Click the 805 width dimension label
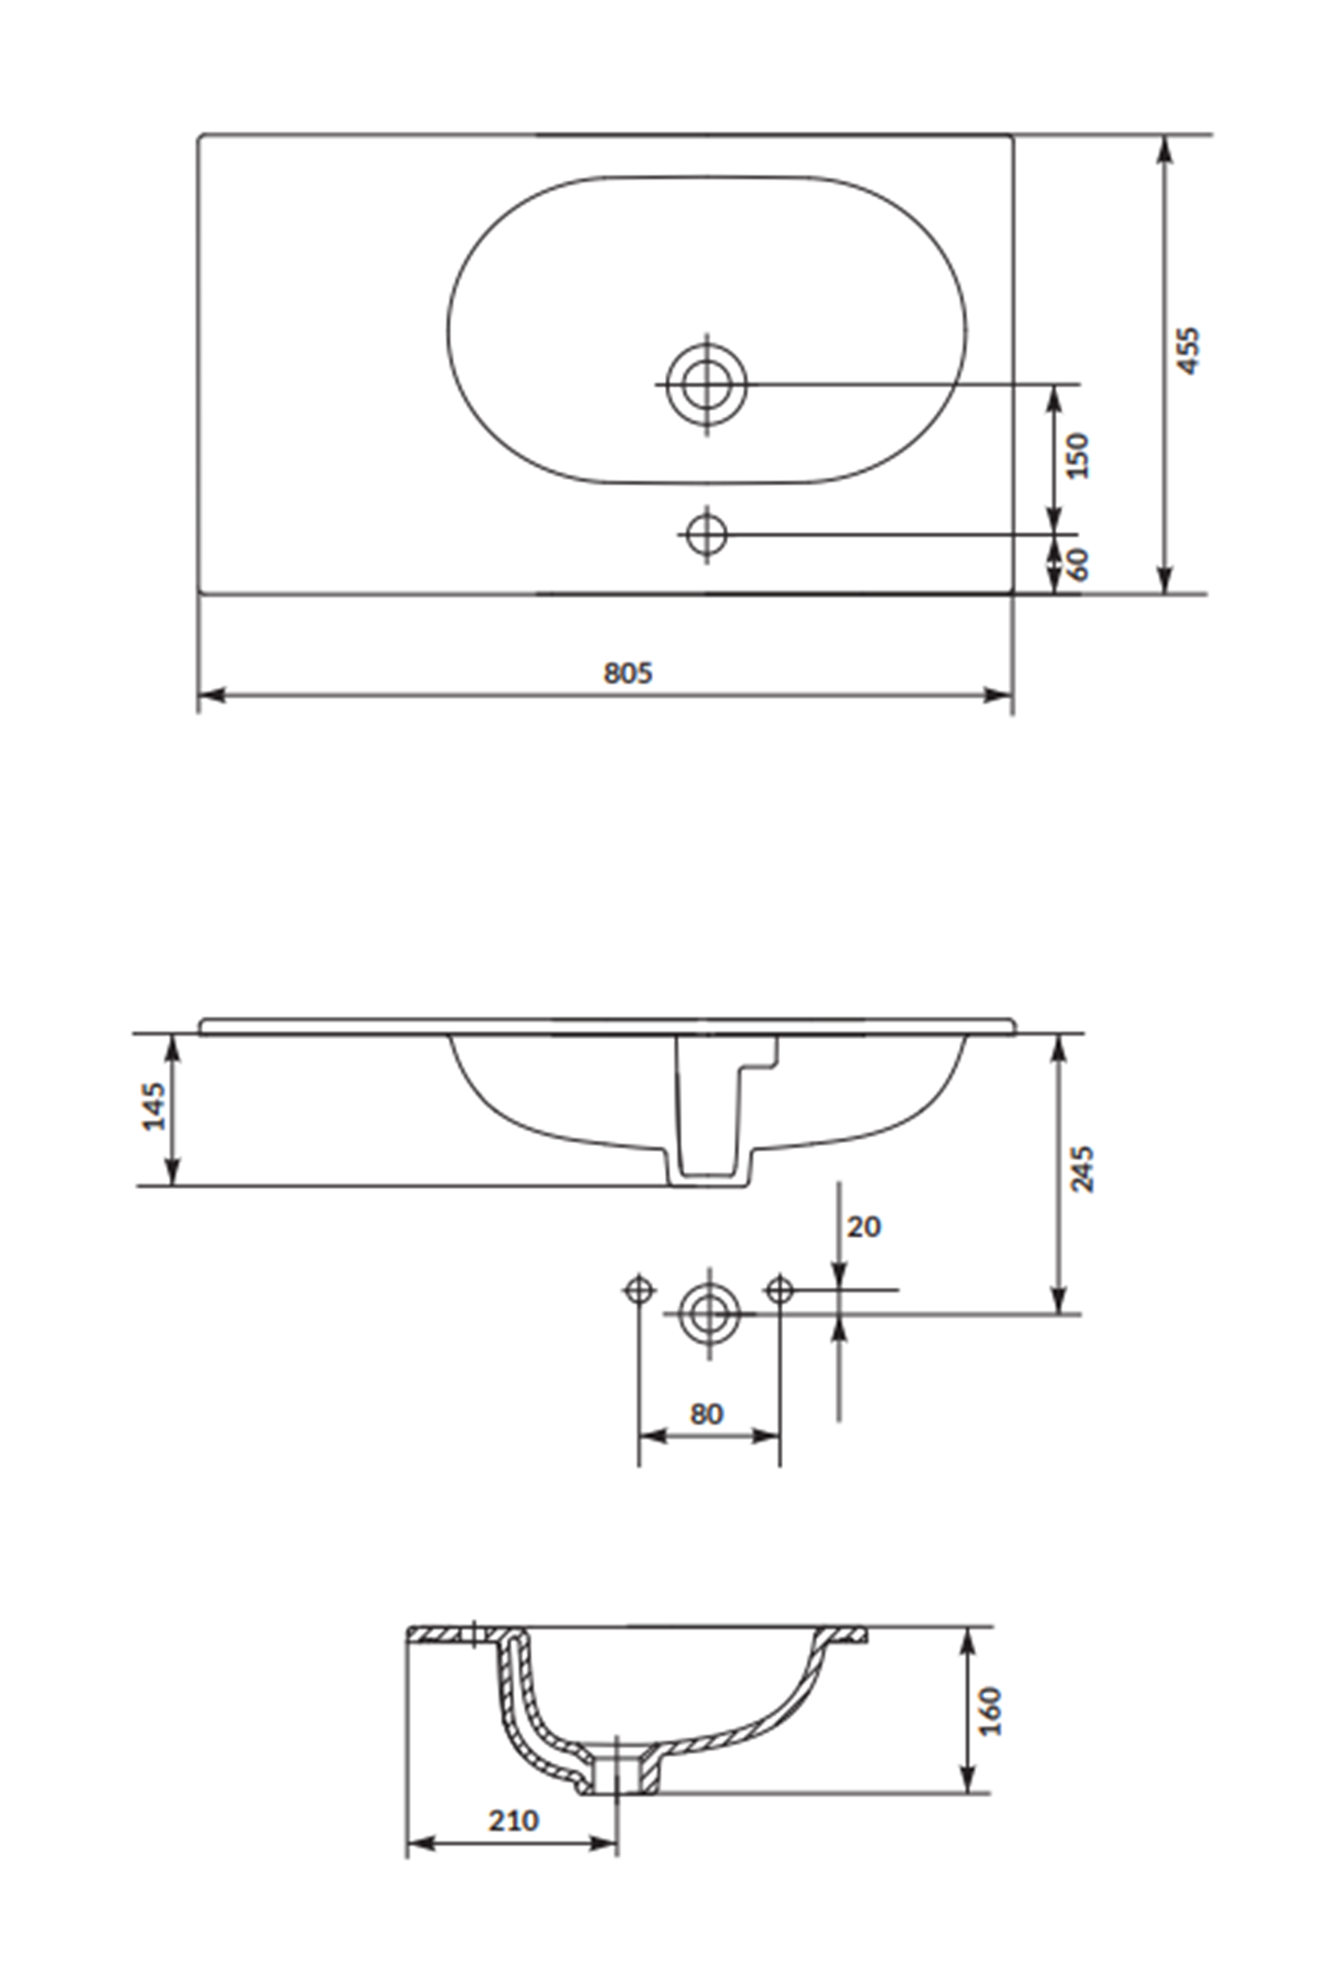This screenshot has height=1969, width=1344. [627, 673]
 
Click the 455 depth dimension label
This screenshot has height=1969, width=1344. [1188, 350]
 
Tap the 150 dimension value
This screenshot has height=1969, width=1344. [1077, 455]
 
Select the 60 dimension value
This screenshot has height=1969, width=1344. [1077, 564]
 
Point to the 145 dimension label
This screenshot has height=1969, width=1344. [154, 1107]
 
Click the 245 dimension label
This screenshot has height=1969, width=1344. [1082, 1168]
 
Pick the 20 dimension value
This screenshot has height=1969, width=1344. [863, 1226]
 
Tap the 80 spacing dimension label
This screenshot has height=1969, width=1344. [706, 1414]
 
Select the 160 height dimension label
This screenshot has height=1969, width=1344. [991, 1711]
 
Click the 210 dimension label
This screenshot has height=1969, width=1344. [513, 1821]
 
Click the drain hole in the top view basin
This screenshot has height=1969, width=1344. [706, 384]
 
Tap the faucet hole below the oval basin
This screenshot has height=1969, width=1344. [706, 535]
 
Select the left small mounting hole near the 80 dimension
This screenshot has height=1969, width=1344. [639, 1289]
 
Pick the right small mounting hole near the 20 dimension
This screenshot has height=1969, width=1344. [780, 1289]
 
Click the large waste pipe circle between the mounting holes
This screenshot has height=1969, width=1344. [709, 1313]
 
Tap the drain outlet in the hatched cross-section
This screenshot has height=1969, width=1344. [618, 1774]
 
